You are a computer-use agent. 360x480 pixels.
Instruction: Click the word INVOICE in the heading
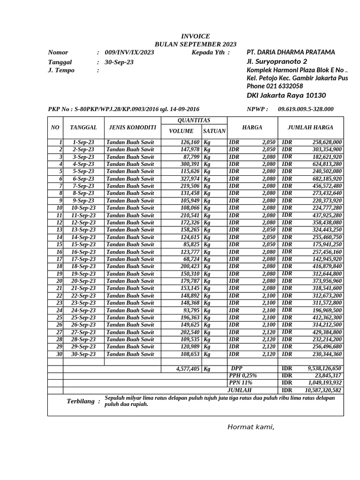pyautogui.click(x=195, y=36)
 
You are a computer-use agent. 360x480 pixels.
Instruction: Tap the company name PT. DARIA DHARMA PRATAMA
pyautogui.click(x=291, y=52)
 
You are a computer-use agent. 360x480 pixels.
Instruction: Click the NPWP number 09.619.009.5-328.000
pyautogui.click(x=306, y=109)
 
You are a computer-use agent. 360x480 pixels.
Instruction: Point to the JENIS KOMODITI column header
pyautogui.click(x=132, y=127)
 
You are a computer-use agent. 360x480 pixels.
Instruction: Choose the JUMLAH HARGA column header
pyautogui.click(x=310, y=127)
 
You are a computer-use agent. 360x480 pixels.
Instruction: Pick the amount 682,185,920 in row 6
pyautogui.click(x=327, y=179)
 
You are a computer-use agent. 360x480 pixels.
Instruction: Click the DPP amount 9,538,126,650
pyautogui.click(x=324, y=368)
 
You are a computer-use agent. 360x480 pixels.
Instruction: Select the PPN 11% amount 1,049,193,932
pyautogui.click(x=324, y=383)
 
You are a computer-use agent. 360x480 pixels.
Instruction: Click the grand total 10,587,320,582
pyautogui.click(x=323, y=390)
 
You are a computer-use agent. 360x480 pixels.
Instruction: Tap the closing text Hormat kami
pyautogui.click(x=251, y=427)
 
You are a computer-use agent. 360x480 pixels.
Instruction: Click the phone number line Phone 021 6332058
pyautogui.click(x=275, y=86)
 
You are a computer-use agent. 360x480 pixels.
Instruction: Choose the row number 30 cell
pyautogui.click(x=60, y=354)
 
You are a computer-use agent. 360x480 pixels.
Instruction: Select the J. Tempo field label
pyautogui.click(x=61, y=70)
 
